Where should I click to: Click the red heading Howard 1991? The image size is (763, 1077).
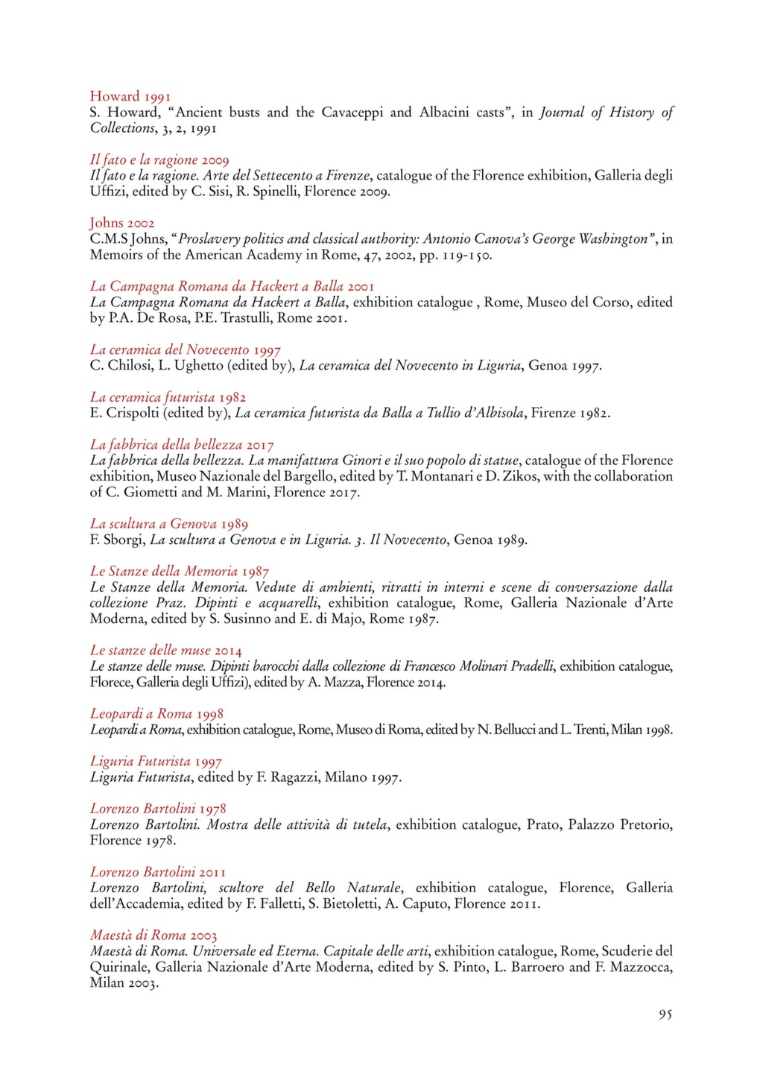click(130, 96)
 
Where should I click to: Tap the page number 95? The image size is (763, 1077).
click(665, 1014)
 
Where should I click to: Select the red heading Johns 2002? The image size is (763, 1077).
click(122, 223)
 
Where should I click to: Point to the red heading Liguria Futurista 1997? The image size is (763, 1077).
click(156, 761)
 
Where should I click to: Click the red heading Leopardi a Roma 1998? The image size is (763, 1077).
click(156, 713)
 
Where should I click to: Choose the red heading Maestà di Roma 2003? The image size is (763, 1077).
click(153, 935)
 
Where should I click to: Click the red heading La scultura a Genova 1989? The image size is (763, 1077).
click(169, 524)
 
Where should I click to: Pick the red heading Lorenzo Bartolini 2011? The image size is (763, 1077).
click(158, 872)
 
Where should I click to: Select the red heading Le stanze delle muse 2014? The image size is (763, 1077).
click(165, 651)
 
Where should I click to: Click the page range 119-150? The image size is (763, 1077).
click(460, 256)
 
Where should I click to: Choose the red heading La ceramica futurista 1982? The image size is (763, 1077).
click(168, 397)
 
